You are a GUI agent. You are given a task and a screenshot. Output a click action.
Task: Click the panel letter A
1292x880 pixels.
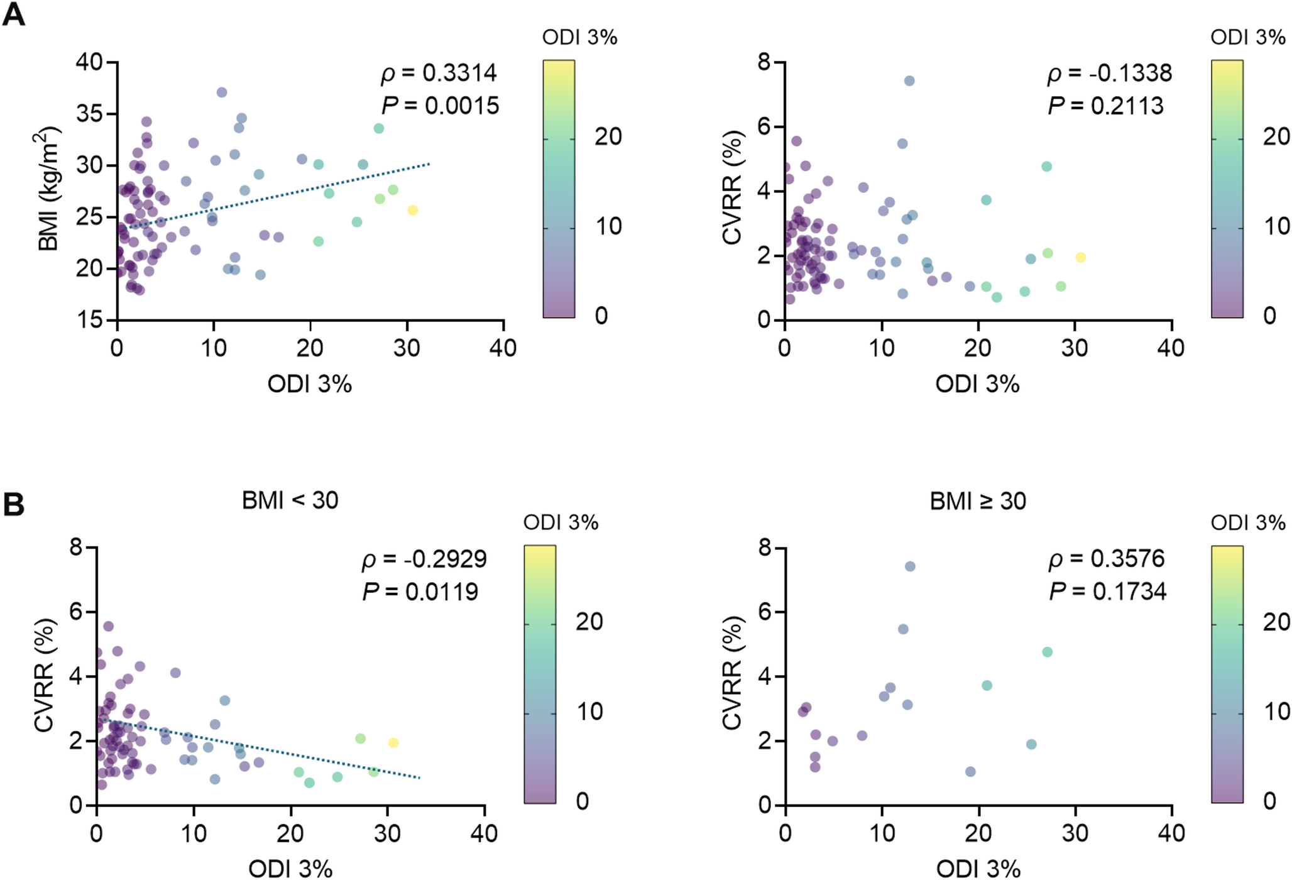tap(14, 14)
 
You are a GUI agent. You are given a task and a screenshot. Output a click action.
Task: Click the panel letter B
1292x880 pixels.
tap(14, 505)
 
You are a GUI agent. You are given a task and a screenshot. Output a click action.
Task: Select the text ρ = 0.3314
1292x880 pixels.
tap(439, 74)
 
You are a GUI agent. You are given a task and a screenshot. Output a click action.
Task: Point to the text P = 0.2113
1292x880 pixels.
tap(1106, 106)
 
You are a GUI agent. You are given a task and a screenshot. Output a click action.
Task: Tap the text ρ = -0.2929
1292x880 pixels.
tap(424, 559)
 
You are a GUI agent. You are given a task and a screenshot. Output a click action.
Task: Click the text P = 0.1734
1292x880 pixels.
tap(1108, 591)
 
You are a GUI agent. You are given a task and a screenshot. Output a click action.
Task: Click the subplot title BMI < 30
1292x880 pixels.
tap(290, 500)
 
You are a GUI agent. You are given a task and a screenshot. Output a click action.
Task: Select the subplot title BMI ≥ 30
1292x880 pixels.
tap(978, 501)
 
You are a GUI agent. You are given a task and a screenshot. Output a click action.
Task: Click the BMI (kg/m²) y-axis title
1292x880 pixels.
tap(48, 189)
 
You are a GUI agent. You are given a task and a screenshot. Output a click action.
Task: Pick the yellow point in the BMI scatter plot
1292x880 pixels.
tap(412, 211)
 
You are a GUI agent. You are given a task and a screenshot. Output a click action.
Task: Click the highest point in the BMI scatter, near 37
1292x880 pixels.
tap(222, 92)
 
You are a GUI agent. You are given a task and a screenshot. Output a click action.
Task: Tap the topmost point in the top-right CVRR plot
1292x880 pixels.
tap(909, 81)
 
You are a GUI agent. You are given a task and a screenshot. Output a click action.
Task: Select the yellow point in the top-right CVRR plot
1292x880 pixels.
tap(1080, 257)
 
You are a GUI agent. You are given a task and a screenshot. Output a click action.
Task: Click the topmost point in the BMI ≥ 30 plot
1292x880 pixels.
tap(910, 566)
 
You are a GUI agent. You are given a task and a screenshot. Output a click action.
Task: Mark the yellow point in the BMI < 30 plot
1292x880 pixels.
tap(393, 742)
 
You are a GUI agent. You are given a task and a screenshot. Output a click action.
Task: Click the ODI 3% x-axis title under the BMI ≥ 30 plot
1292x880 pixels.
tap(978, 869)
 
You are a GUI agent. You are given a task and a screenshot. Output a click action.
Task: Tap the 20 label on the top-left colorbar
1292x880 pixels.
tap(608, 136)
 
